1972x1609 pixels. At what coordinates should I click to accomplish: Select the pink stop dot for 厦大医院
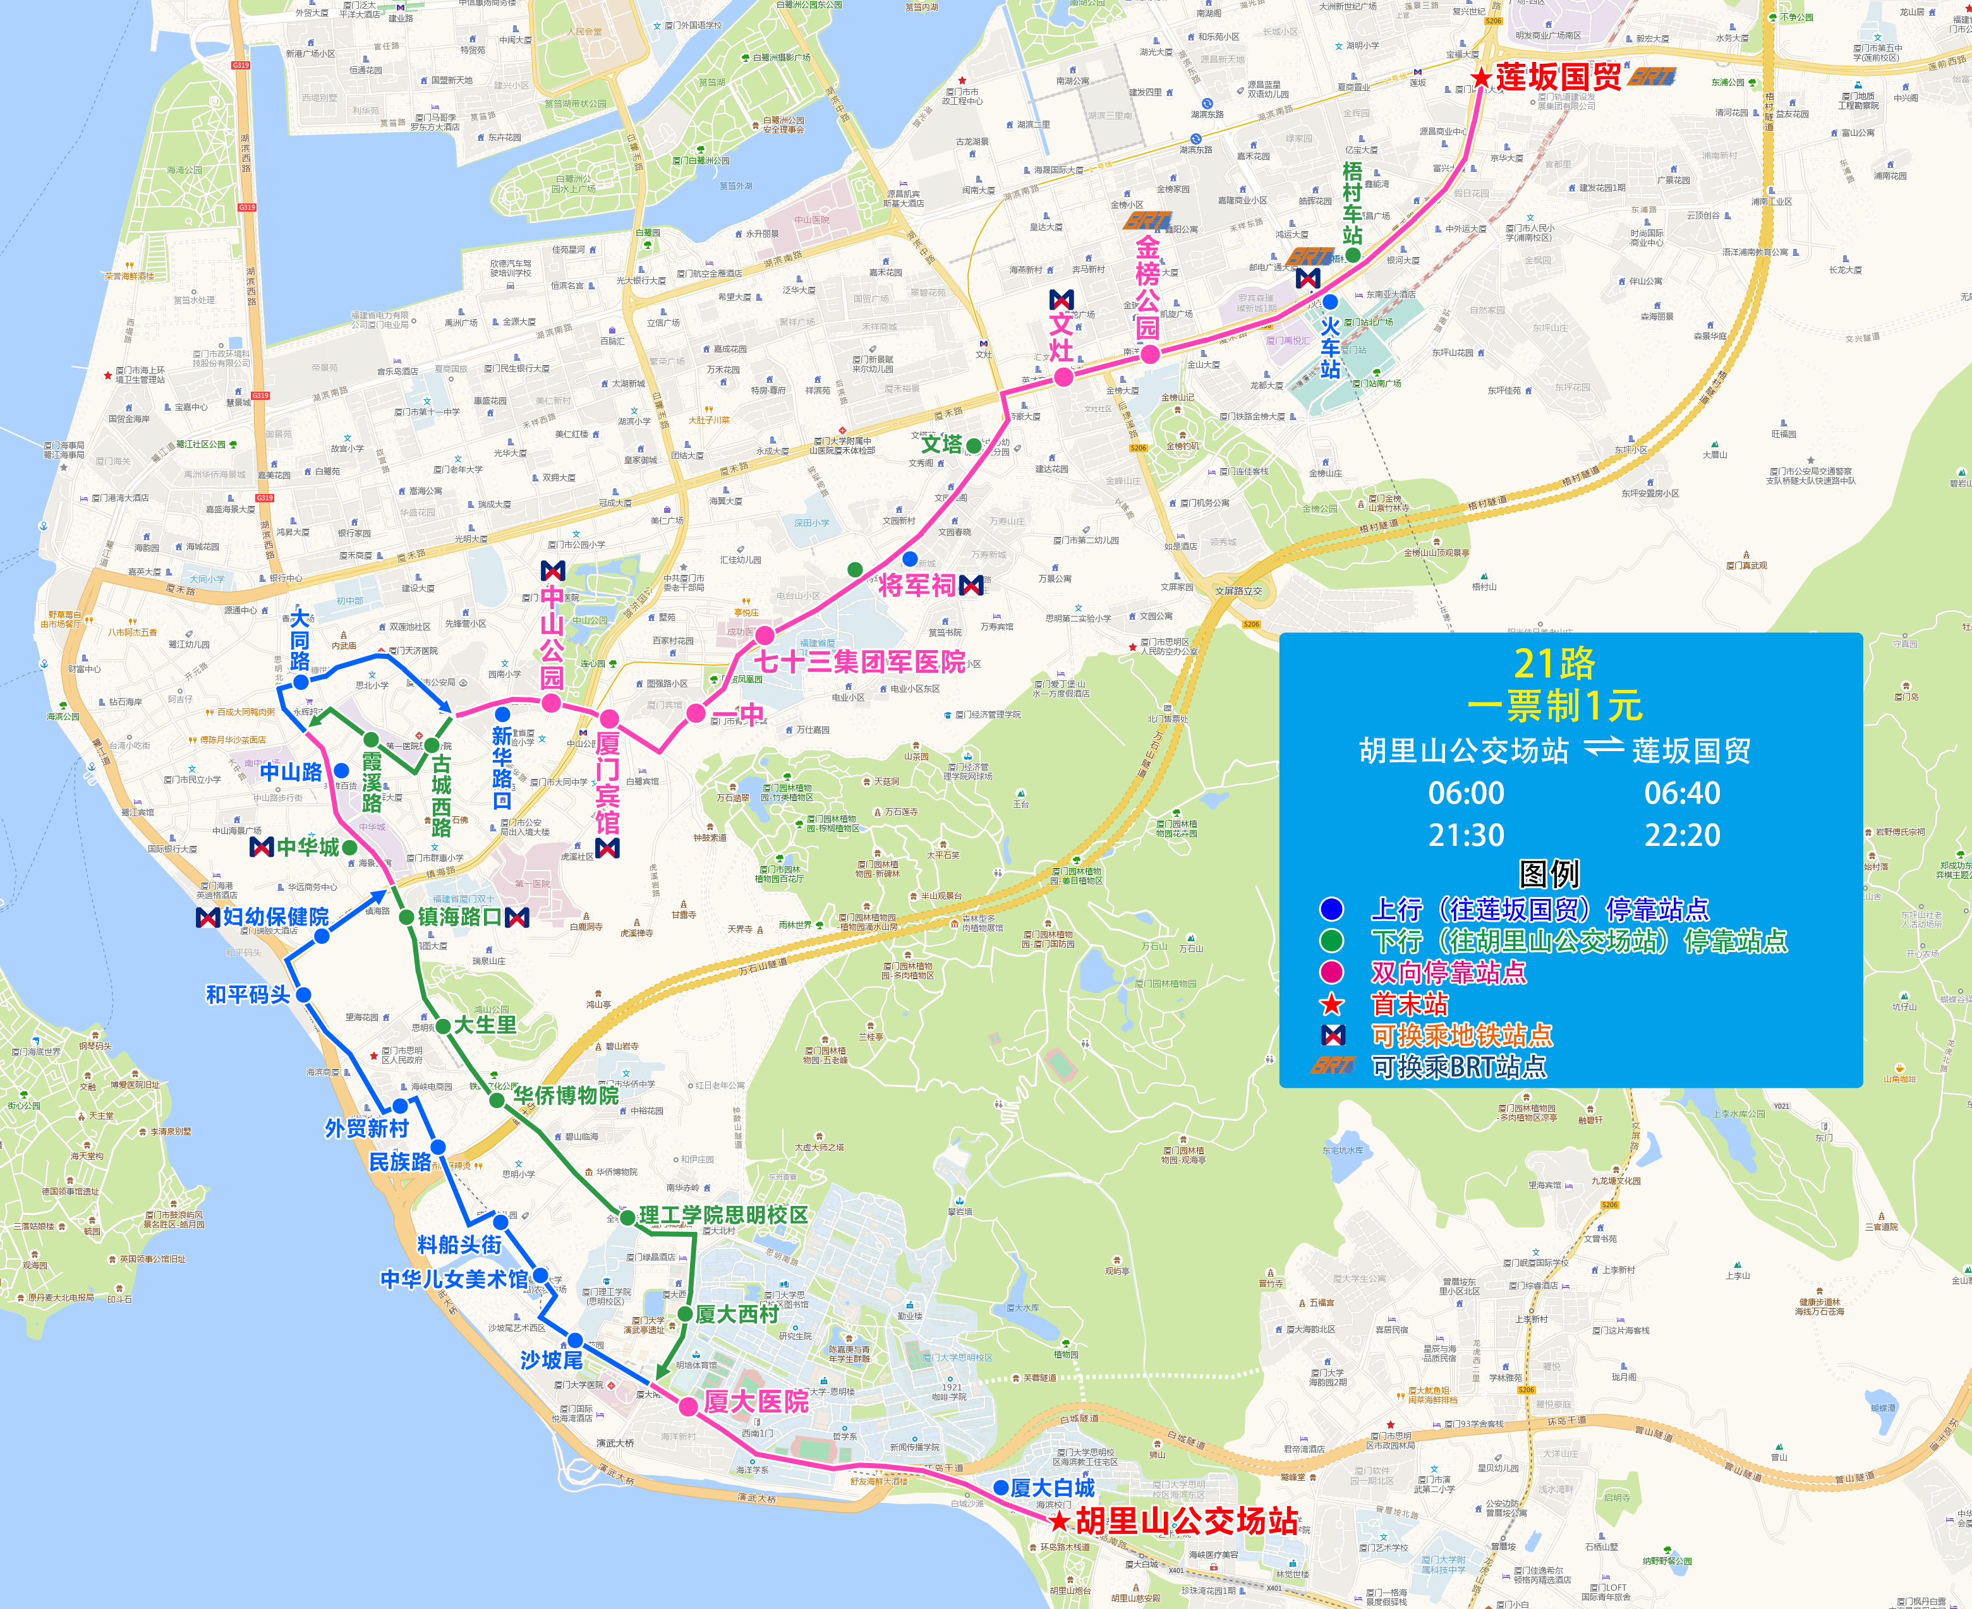tap(688, 1407)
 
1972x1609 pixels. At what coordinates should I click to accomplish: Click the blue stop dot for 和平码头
tap(303, 994)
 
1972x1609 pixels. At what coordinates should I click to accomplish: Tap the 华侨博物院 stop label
tap(566, 1095)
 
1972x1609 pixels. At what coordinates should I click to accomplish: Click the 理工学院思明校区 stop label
tap(723, 1215)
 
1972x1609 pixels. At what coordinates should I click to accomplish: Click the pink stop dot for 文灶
tap(1063, 377)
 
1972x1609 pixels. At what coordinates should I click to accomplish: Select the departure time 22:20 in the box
tap(1682, 835)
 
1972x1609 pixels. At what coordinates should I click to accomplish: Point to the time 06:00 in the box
tap(1466, 793)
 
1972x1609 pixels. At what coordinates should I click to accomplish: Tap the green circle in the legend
tap(1331, 941)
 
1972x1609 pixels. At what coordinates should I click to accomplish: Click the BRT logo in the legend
tap(1333, 1066)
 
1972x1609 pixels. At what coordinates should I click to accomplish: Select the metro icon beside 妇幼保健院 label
tap(208, 917)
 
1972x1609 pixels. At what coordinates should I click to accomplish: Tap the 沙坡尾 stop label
tap(551, 1359)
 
